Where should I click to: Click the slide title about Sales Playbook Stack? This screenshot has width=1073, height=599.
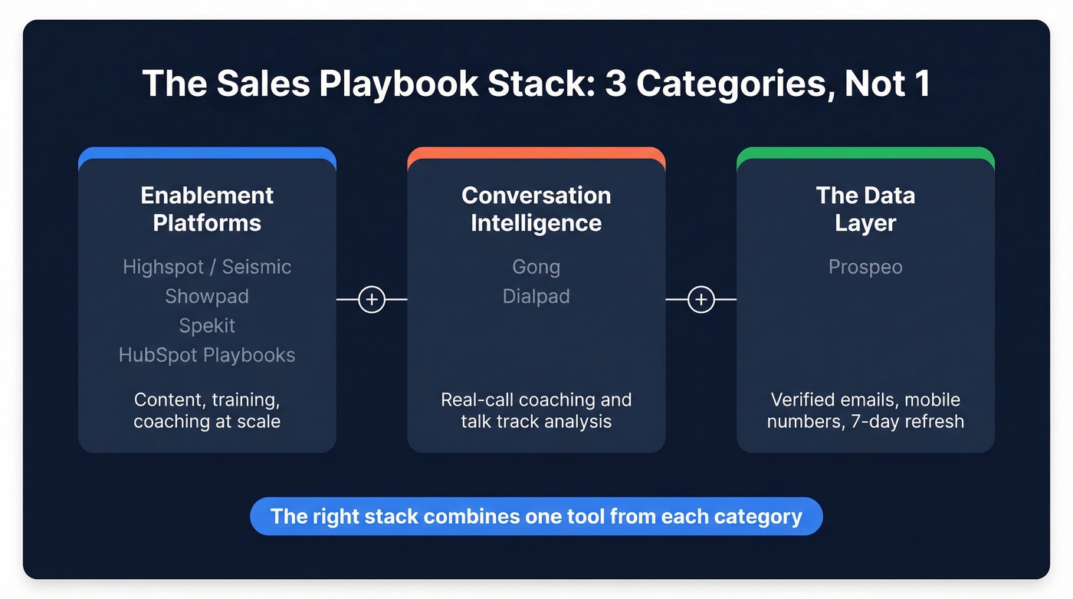[536, 83]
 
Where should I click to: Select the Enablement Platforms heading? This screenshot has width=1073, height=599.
[207, 209]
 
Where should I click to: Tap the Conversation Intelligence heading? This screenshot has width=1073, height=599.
[536, 209]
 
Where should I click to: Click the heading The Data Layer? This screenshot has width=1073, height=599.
[865, 209]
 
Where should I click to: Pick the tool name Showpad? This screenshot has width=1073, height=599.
[207, 296]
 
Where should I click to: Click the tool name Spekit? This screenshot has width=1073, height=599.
[207, 325]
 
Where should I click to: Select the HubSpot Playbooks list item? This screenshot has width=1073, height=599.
[207, 355]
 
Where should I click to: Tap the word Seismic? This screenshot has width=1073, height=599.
[257, 267]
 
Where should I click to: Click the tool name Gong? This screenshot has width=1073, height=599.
[536, 267]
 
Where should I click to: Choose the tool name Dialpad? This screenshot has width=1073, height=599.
[536, 296]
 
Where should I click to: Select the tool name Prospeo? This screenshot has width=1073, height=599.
[865, 267]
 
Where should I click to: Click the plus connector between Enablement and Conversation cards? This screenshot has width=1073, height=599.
[372, 299]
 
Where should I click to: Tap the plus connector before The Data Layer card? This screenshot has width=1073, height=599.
[701, 299]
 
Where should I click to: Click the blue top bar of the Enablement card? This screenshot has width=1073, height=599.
[207, 153]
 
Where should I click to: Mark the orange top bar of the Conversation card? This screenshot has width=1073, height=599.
[536, 153]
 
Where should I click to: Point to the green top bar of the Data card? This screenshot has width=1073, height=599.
[865, 153]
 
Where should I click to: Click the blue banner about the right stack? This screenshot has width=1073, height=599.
[536, 516]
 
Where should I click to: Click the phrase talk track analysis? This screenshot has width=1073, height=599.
[536, 421]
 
